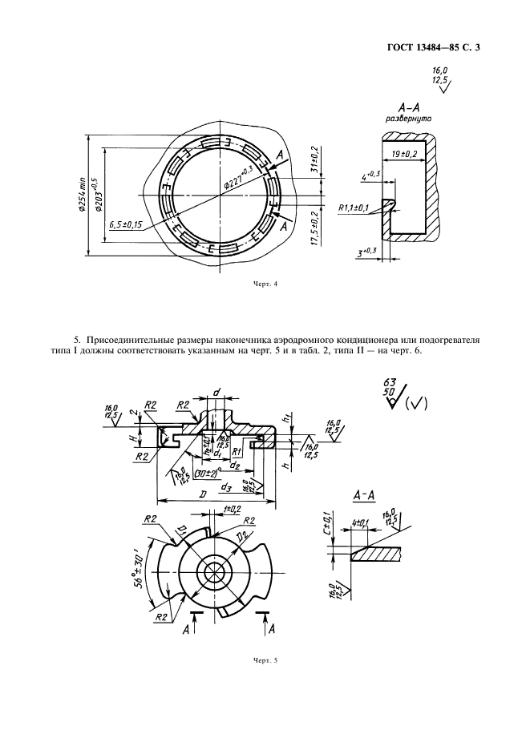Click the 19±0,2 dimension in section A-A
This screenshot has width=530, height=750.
411,153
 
